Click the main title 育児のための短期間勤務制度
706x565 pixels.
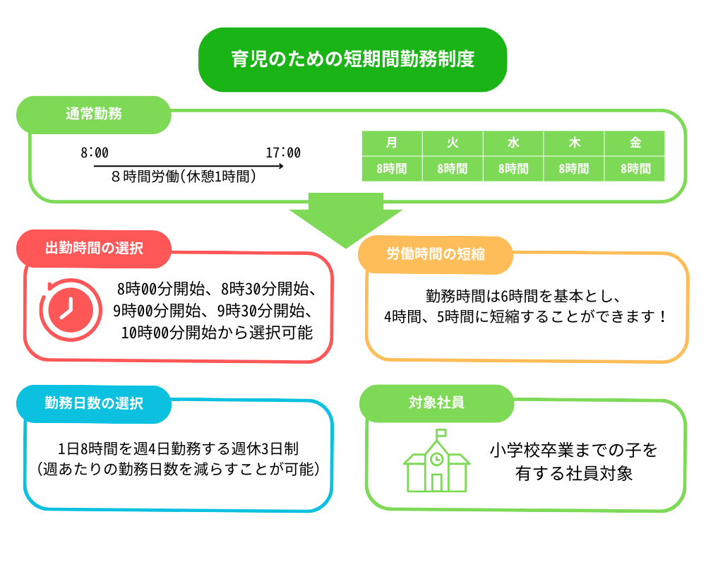tap(352, 59)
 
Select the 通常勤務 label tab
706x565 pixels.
tap(94, 114)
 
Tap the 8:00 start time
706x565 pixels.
tap(95, 153)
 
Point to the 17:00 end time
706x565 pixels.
tap(283, 153)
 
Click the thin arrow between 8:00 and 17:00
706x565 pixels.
tap(189, 166)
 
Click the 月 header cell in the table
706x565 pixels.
tap(392, 143)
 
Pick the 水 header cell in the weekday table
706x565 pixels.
tap(513, 143)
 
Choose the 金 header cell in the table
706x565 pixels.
tap(635, 143)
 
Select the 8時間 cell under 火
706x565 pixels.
tap(453, 169)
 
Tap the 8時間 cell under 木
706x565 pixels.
tap(573, 169)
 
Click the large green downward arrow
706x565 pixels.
tap(345, 220)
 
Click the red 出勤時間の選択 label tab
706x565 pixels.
tap(94, 249)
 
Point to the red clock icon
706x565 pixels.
tap(70, 310)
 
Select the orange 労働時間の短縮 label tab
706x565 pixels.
tap(436, 254)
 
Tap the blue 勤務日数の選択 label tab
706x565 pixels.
tap(94, 404)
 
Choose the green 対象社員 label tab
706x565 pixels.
tap(436, 403)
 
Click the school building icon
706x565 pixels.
tap(436, 460)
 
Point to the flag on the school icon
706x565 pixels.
tap(441, 433)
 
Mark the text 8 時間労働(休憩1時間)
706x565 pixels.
tap(184, 177)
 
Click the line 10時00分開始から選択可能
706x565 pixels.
tap(217, 333)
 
